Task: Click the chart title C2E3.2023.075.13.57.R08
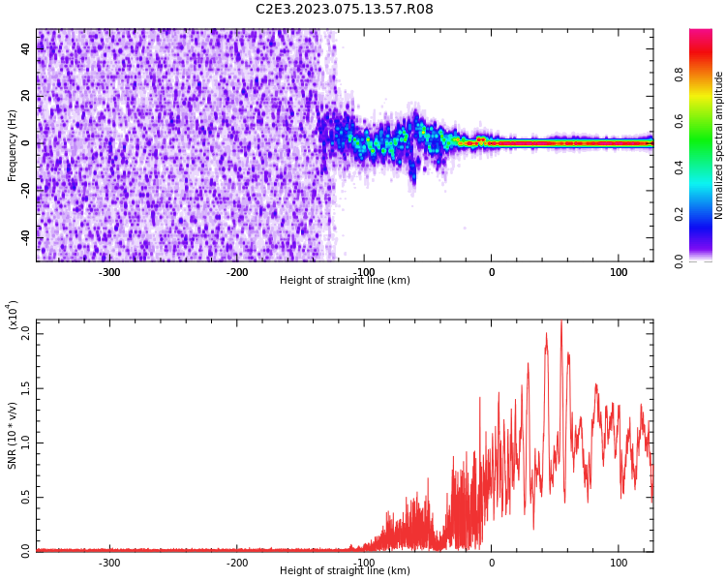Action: pos(345,10)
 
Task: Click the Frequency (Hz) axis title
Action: pos(13,145)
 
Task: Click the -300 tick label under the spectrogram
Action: pos(109,272)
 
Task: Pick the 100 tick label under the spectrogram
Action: pos(619,272)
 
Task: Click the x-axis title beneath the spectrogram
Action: pos(345,281)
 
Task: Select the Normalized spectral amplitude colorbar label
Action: pos(719,145)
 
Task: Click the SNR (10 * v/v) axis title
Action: pos(13,436)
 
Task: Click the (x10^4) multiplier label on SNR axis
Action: pos(13,315)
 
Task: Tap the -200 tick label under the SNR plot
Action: pos(237,563)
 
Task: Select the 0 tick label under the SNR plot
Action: pos(491,563)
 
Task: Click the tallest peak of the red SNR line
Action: pos(561,322)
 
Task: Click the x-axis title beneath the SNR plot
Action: pos(345,571)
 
